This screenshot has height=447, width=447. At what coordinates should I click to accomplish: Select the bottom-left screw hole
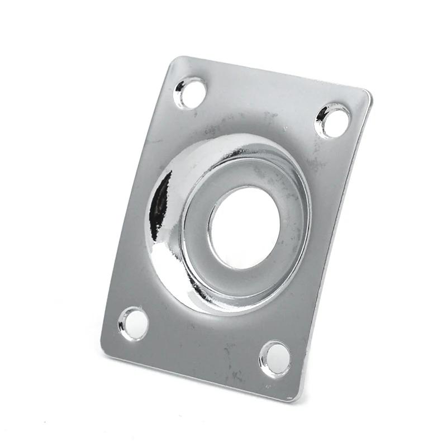[x=134, y=323]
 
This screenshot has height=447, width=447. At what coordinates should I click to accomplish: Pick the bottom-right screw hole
[x=275, y=358]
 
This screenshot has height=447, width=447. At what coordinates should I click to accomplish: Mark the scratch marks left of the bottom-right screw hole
[x=235, y=363]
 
